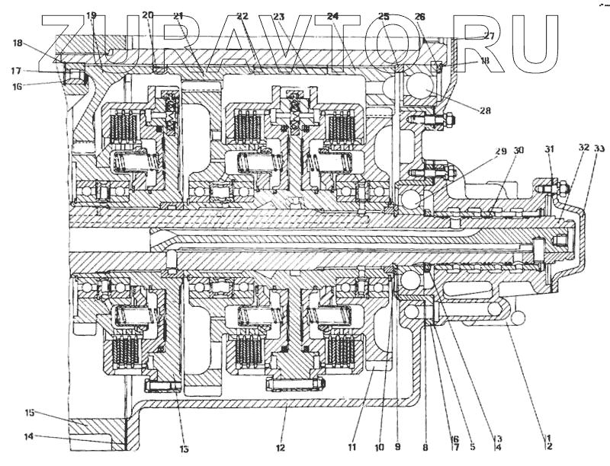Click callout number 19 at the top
point(91,15)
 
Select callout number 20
point(148,15)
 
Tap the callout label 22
point(242,15)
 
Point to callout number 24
point(332,15)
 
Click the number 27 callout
point(489,35)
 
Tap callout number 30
point(518,152)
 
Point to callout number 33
point(599,148)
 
